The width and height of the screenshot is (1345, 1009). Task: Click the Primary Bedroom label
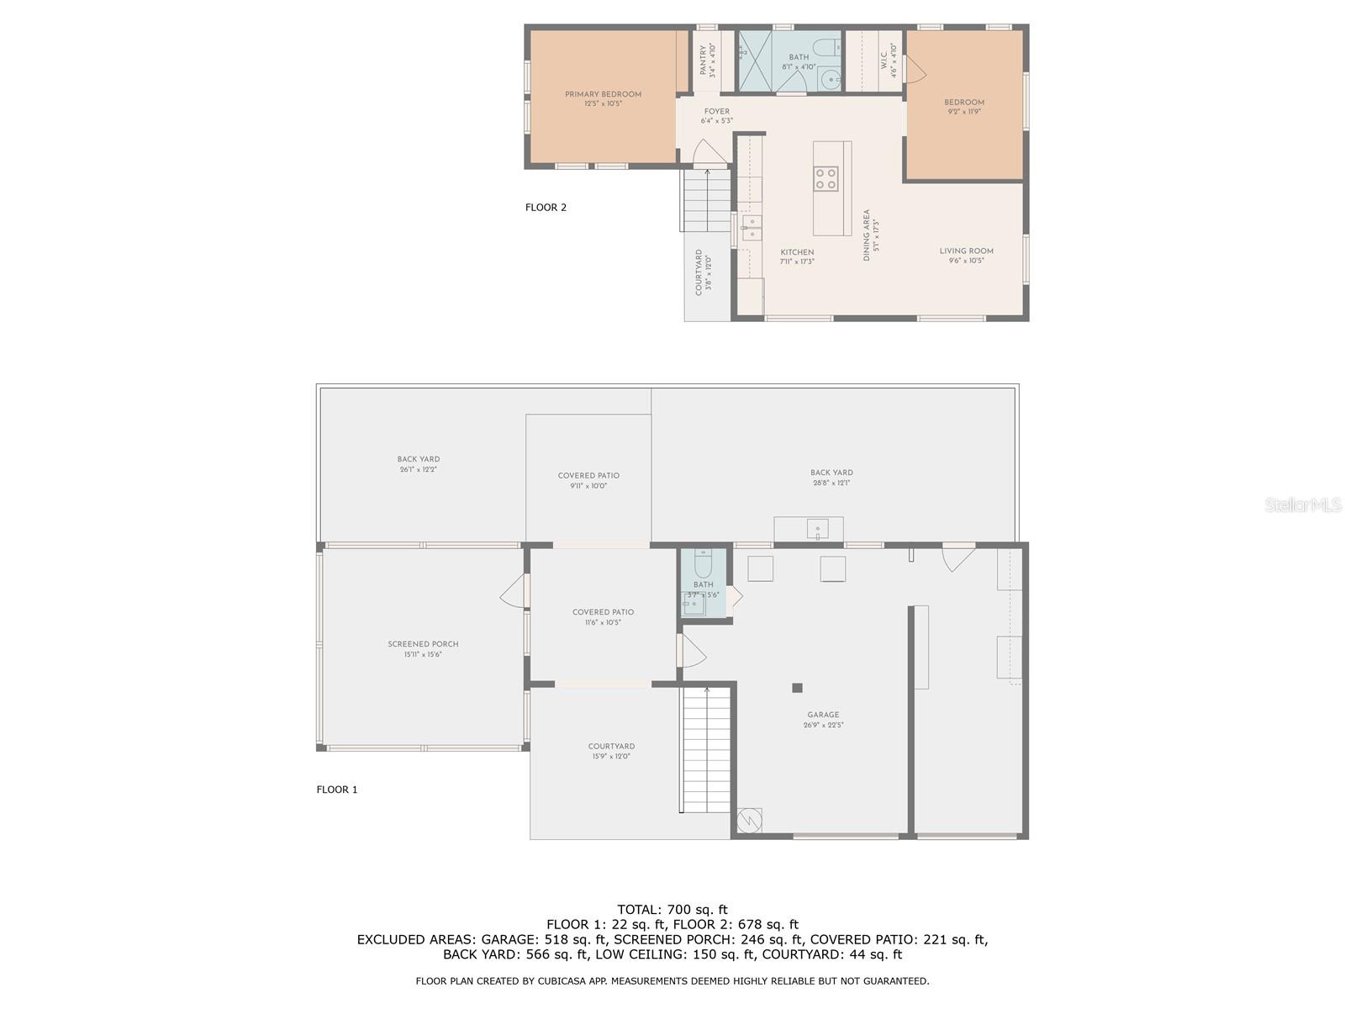[x=603, y=94]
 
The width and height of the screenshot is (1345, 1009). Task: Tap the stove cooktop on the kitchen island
[x=825, y=177]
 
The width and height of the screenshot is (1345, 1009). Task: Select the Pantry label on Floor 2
[x=704, y=61]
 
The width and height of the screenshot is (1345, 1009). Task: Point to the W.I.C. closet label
[x=884, y=61]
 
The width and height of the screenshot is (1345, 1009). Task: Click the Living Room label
[x=966, y=251]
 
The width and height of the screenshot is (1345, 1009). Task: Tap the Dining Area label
[x=867, y=235]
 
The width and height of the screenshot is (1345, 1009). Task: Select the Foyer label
[x=716, y=111]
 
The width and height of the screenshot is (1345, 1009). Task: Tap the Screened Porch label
[x=423, y=644]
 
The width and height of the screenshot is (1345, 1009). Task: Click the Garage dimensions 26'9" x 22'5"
[x=823, y=725]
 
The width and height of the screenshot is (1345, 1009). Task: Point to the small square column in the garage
[x=797, y=688]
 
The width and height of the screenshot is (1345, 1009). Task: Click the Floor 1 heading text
[x=337, y=790]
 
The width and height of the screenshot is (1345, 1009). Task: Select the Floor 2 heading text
[x=546, y=207]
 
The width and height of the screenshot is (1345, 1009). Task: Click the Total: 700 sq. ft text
[x=672, y=909]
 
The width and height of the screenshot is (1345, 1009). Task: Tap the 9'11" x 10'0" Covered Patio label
[x=588, y=480]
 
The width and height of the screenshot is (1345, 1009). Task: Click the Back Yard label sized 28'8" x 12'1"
[x=831, y=478]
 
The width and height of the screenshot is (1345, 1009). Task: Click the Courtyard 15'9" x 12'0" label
[x=611, y=751]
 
